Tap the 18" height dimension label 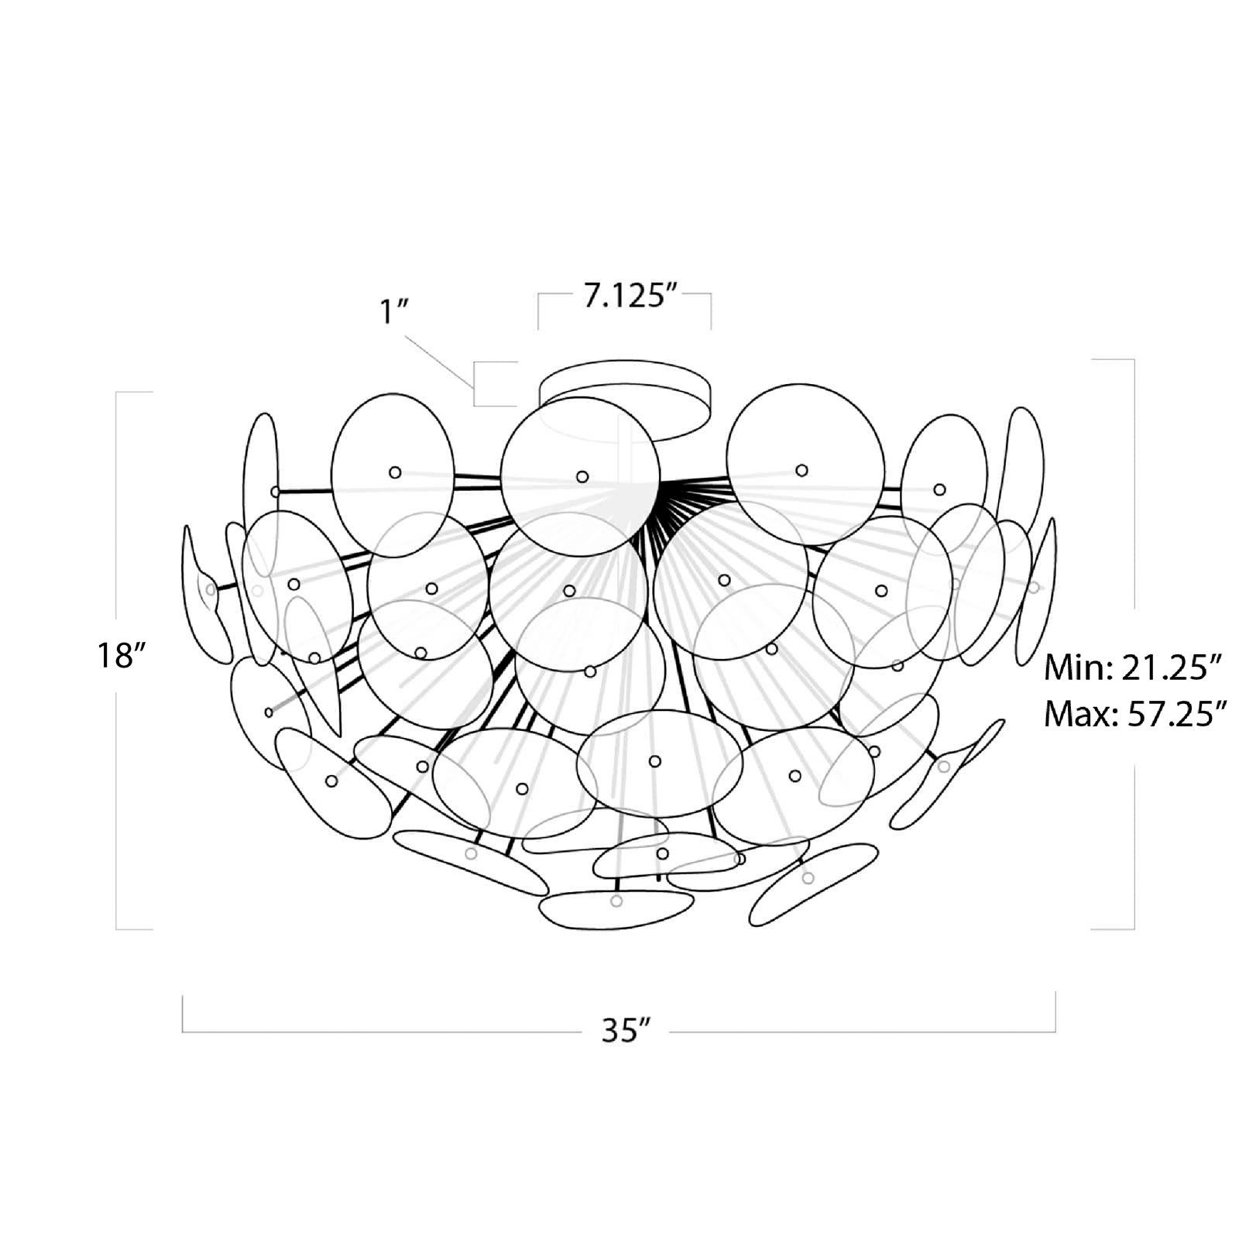[x=121, y=656]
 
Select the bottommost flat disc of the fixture [x=616, y=908]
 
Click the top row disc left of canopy [x=393, y=474]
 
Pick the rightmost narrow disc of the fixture [x=1038, y=589]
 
